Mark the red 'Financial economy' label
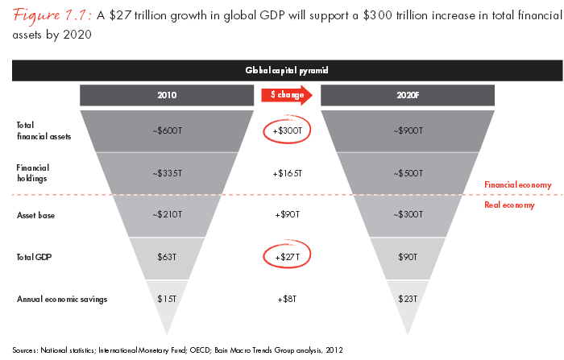516,184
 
